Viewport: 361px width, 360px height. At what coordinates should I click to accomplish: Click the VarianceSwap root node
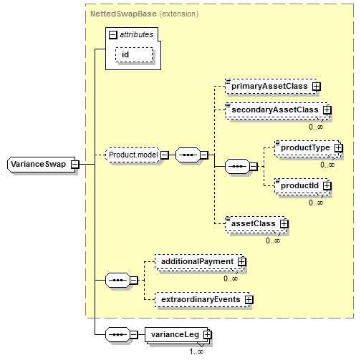pos(41,165)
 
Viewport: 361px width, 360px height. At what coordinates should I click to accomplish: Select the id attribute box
pos(134,55)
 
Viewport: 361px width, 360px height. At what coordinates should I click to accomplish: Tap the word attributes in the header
pos(136,35)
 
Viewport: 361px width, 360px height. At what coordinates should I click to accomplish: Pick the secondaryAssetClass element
pos(277,110)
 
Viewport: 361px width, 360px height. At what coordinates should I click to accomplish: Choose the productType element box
pos(307,148)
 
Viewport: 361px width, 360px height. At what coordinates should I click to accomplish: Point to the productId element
pos(302,185)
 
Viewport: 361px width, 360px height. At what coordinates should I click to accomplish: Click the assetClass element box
pos(256,223)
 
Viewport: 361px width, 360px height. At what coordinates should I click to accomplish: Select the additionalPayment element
pos(200,261)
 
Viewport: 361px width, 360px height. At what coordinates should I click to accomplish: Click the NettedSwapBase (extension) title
pos(145,14)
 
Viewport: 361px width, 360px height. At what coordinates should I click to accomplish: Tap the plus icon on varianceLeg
pos(207,335)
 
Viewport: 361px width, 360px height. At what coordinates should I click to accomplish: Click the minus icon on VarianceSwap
pos(75,165)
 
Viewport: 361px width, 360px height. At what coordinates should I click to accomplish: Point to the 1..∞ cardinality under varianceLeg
pos(196,351)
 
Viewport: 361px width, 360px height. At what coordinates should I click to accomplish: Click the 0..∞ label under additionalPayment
pos(231,278)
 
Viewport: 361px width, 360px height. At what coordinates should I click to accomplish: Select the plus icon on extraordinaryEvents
pos(249,299)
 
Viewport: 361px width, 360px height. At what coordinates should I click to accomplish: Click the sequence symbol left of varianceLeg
pos(118,334)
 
